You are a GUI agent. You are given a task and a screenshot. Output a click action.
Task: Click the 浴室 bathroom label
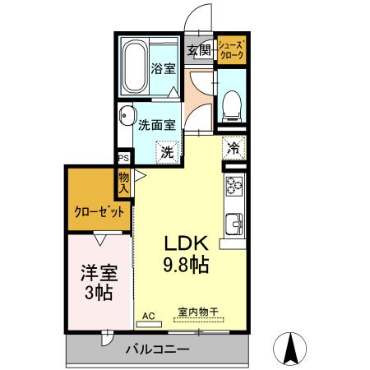164,69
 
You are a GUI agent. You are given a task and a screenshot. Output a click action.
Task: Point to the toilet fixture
232,103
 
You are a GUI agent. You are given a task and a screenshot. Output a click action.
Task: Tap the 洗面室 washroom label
155,126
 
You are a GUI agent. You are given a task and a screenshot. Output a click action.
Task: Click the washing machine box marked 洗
166,151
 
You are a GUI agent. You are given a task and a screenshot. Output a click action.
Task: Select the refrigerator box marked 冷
234,148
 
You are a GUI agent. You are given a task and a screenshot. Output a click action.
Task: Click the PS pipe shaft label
123,160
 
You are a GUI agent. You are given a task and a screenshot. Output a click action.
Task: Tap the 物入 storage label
123,182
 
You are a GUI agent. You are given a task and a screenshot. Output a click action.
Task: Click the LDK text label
190,244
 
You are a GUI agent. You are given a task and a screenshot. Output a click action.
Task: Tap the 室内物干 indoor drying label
197,312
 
